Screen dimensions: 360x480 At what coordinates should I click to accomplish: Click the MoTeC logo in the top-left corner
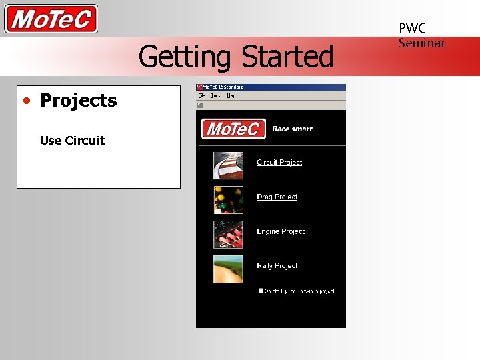(x=51, y=19)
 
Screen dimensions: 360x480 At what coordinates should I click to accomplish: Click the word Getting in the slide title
(x=187, y=57)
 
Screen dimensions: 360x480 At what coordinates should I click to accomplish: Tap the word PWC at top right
(x=412, y=28)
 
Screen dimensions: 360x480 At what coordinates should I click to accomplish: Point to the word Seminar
(x=421, y=43)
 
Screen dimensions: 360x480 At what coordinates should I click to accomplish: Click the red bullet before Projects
(x=26, y=101)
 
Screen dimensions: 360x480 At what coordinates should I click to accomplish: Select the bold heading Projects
(x=78, y=101)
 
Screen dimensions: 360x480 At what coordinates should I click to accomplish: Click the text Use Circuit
(x=72, y=141)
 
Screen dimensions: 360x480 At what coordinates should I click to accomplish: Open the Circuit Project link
(x=279, y=163)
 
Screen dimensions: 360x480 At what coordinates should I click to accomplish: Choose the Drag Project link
(x=277, y=197)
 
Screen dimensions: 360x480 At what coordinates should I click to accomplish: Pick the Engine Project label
(x=281, y=231)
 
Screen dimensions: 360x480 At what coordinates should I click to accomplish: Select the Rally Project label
(x=277, y=266)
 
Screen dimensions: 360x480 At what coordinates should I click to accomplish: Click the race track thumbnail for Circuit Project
(x=228, y=165)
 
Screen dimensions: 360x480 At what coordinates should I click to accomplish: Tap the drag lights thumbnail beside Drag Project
(x=228, y=200)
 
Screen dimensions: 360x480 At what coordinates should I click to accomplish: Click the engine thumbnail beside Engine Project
(x=228, y=235)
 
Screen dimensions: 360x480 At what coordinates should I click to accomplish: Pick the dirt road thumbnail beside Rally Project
(x=228, y=269)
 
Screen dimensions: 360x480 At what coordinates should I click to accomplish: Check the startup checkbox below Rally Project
(x=261, y=291)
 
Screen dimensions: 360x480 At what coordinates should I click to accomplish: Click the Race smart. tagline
(x=293, y=129)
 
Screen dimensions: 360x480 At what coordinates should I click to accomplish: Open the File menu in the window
(x=201, y=96)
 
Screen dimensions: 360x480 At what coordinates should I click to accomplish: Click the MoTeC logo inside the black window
(x=233, y=129)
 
